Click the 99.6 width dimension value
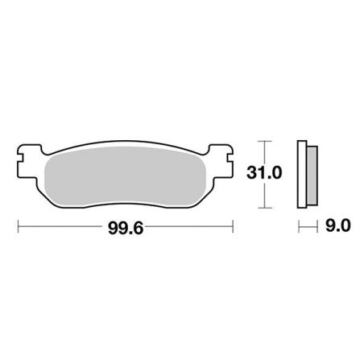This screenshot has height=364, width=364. click(x=125, y=228)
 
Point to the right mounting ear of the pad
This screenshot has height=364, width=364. click(x=223, y=151)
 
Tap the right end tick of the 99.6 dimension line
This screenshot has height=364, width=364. click(x=232, y=228)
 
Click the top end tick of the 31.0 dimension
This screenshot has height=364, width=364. click(x=259, y=139)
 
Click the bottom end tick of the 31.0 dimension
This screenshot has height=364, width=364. click(x=259, y=206)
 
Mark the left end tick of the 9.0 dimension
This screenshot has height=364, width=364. click(x=300, y=228)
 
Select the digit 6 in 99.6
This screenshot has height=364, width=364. click(x=141, y=228)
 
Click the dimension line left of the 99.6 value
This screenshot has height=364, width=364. click(x=60, y=228)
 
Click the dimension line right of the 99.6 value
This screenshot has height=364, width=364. click(x=189, y=228)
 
